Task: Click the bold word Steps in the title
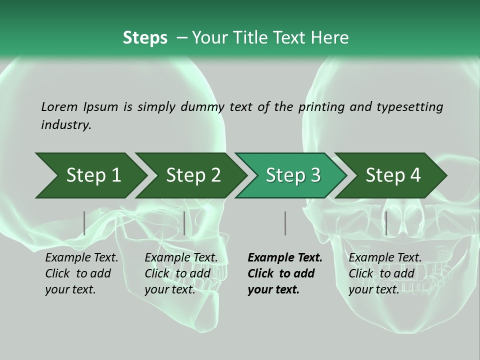145,37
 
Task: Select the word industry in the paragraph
66,125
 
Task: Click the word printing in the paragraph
322,106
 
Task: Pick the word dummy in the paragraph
203,106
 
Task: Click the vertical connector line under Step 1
84,223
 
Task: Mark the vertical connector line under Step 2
184,223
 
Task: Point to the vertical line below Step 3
285,223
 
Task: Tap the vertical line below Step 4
386,223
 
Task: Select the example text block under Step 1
81,273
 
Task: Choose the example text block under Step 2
181,273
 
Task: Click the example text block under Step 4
385,273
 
